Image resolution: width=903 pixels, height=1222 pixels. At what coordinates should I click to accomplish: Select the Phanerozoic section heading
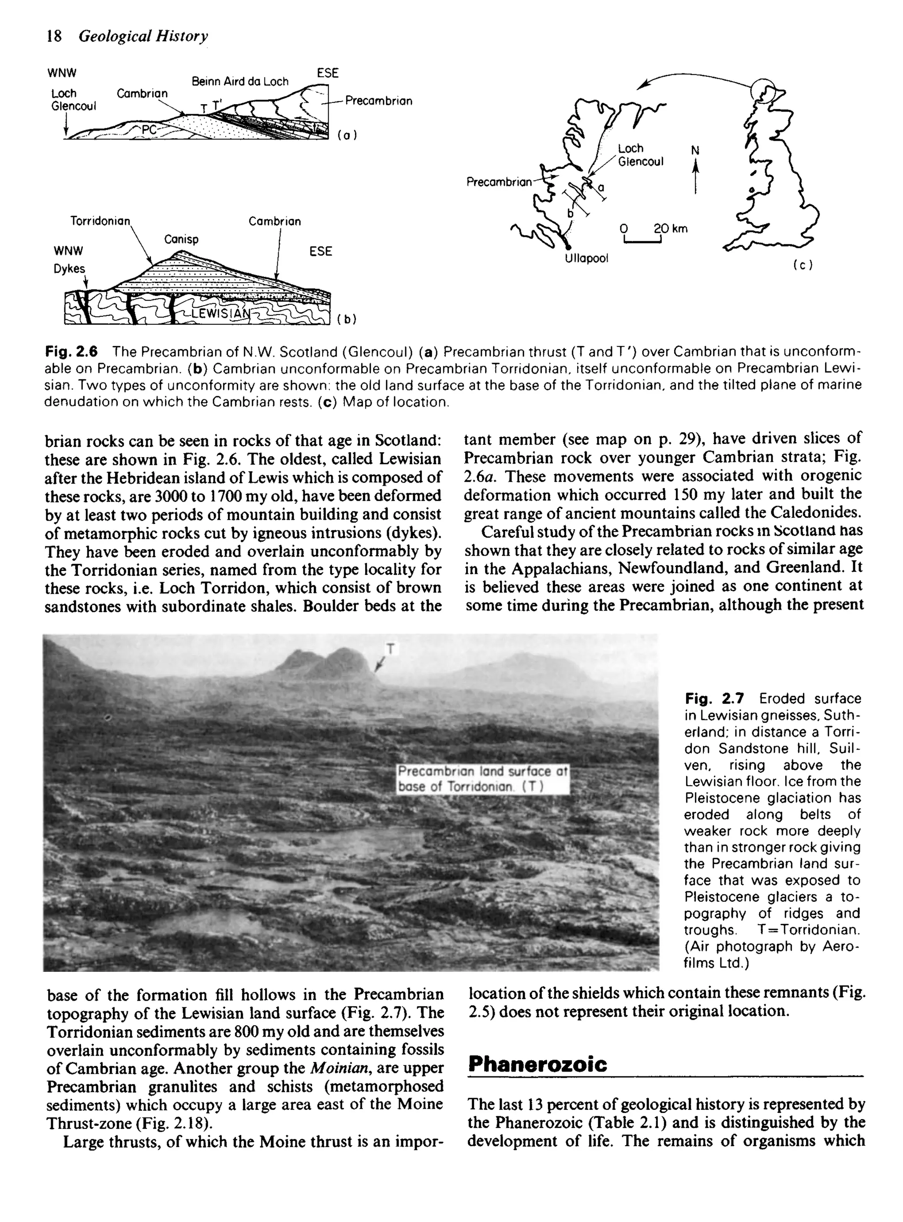(538, 1064)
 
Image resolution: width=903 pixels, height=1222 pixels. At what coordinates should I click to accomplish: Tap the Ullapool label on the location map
(586, 258)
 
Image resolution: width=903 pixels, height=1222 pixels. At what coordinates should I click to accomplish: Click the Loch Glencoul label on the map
(640, 155)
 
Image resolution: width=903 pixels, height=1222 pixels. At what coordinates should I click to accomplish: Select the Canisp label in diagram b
(182, 240)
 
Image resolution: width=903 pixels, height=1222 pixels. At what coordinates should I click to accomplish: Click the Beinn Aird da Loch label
(240, 82)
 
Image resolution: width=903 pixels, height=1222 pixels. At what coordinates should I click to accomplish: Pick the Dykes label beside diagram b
(69, 269)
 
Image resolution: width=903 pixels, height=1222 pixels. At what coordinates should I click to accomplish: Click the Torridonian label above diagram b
(101, 221)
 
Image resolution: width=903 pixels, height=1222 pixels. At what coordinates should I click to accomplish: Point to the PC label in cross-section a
(149, 130)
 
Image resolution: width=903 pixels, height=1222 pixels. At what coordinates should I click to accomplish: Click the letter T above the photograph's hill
(390, 649)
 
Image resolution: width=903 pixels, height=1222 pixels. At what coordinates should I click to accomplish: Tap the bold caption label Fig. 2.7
(714, 699)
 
